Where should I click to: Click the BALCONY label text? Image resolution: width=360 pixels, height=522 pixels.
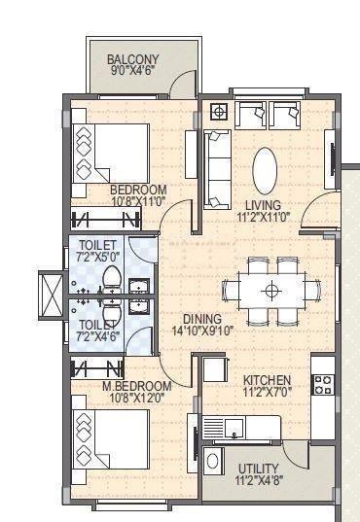134,58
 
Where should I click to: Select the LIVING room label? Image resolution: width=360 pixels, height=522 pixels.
263,205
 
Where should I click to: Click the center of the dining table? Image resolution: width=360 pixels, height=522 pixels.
271,289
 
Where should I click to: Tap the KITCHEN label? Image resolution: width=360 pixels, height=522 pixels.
267,380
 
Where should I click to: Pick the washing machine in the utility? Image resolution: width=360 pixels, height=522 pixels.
214,461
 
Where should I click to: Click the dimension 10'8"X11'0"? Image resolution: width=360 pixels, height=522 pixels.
137,201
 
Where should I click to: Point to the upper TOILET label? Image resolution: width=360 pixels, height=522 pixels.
97,245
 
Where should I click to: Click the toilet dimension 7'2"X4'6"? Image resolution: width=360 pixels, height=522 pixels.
97,336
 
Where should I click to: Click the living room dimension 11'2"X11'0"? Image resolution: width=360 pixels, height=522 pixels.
263,218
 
